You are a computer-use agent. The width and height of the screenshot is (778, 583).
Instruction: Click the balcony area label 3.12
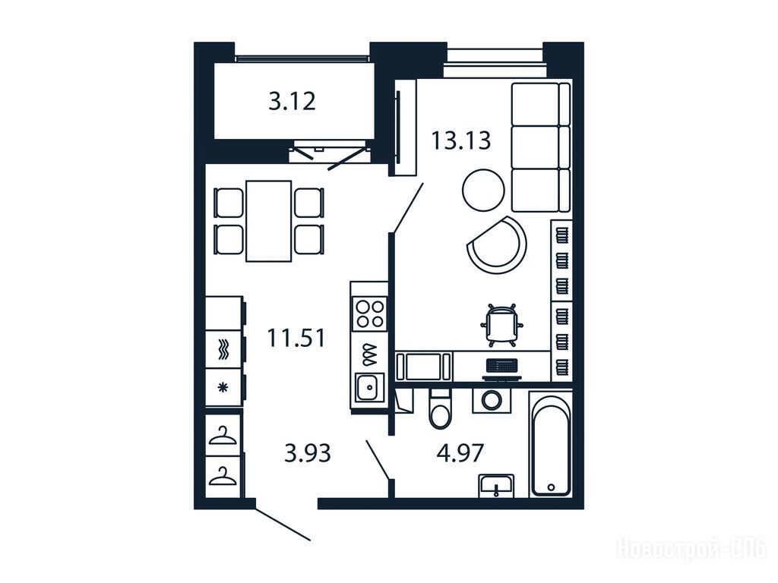(x=292, y=102)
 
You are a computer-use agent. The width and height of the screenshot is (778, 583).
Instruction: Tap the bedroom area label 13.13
(x=461, y=140)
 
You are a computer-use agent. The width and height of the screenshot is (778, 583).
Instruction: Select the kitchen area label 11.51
(x=296, y=338)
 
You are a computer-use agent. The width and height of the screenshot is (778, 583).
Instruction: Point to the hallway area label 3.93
(x=308, y=453)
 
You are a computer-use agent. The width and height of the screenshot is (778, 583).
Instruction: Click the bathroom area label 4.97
(x=460, y=453)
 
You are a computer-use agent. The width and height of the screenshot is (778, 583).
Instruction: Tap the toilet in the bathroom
(x=440, y=408)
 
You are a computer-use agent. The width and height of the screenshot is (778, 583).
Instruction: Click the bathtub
(x=551, y=443)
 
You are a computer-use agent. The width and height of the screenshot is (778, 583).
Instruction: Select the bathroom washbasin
(x=496, y=485)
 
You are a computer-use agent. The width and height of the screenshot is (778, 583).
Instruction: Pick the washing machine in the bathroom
(x=492, y=400)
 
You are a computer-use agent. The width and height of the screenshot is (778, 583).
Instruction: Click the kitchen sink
(x=368, y=387)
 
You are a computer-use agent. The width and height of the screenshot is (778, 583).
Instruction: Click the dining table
(x=268, y=221)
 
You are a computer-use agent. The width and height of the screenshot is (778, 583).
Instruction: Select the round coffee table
(x=483, y=190)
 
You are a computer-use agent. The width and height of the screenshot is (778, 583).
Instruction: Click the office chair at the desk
(x=501, y=325)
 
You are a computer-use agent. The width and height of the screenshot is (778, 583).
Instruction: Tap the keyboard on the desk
(x=502, y=365)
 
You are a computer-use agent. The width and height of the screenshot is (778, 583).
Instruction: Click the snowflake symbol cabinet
(x=224, y=387)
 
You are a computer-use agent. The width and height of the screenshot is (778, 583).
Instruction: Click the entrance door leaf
(x=283, y=524)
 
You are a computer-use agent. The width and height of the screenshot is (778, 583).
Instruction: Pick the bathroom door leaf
(x=378, y=459)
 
